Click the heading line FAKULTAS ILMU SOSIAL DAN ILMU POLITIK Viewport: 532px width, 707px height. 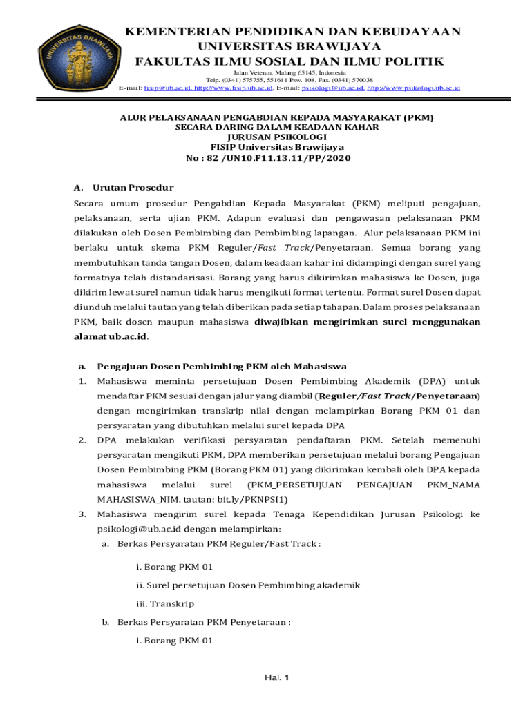coord(289,62)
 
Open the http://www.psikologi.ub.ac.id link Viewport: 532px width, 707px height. coord(412,88)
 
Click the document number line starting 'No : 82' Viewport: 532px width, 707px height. coord(268,159)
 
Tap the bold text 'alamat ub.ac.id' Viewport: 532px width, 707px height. coord(111,337)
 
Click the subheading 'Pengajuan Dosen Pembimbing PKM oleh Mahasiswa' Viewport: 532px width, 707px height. coord(222,367)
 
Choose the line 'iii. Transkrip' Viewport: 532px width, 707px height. coord(165,603)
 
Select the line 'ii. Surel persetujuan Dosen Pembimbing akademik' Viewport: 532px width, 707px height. coord(248,585)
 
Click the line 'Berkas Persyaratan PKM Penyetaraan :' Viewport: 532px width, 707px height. coord(204,622)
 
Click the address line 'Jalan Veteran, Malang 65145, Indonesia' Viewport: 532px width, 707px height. coord(289,72)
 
